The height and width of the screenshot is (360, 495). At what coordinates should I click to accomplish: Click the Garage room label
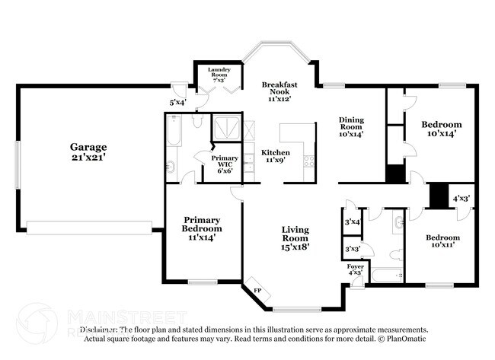[88, 151]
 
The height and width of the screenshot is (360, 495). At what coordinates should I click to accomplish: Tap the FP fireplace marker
[257, 291]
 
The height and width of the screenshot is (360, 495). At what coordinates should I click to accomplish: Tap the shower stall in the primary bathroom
[225, 126]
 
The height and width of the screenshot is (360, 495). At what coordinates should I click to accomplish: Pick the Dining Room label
[351, 126]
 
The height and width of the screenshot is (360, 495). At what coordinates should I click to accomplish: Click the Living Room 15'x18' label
[295, 237]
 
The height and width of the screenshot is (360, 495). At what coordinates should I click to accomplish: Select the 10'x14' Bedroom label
[442, 129]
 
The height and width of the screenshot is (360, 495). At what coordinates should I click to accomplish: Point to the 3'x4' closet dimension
[352, 221]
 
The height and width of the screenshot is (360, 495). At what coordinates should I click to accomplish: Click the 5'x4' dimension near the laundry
[177, 101]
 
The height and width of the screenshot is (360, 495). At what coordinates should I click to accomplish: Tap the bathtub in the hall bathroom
[385, 276]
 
